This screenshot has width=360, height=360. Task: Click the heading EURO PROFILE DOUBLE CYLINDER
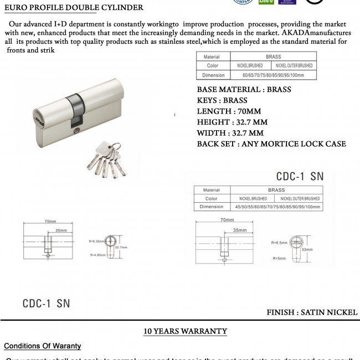74,8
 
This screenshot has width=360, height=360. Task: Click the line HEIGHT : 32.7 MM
232,122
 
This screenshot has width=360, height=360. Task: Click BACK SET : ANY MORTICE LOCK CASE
271,144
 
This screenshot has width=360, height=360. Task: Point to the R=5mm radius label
279,258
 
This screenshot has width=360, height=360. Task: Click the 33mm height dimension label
307,250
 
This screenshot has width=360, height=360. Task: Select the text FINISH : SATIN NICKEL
312,312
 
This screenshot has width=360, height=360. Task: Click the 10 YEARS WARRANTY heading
186,331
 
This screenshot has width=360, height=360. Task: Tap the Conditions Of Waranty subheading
43,346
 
